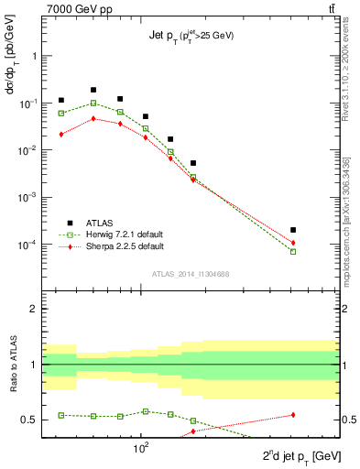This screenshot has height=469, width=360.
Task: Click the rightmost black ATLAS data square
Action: [x=293, y=230]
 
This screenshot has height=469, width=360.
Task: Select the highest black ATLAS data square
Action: [x=93, y=90]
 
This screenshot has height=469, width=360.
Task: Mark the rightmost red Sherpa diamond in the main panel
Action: [x=293, y=243]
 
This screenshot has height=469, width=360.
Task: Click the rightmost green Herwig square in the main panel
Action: [x=293, y=251]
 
